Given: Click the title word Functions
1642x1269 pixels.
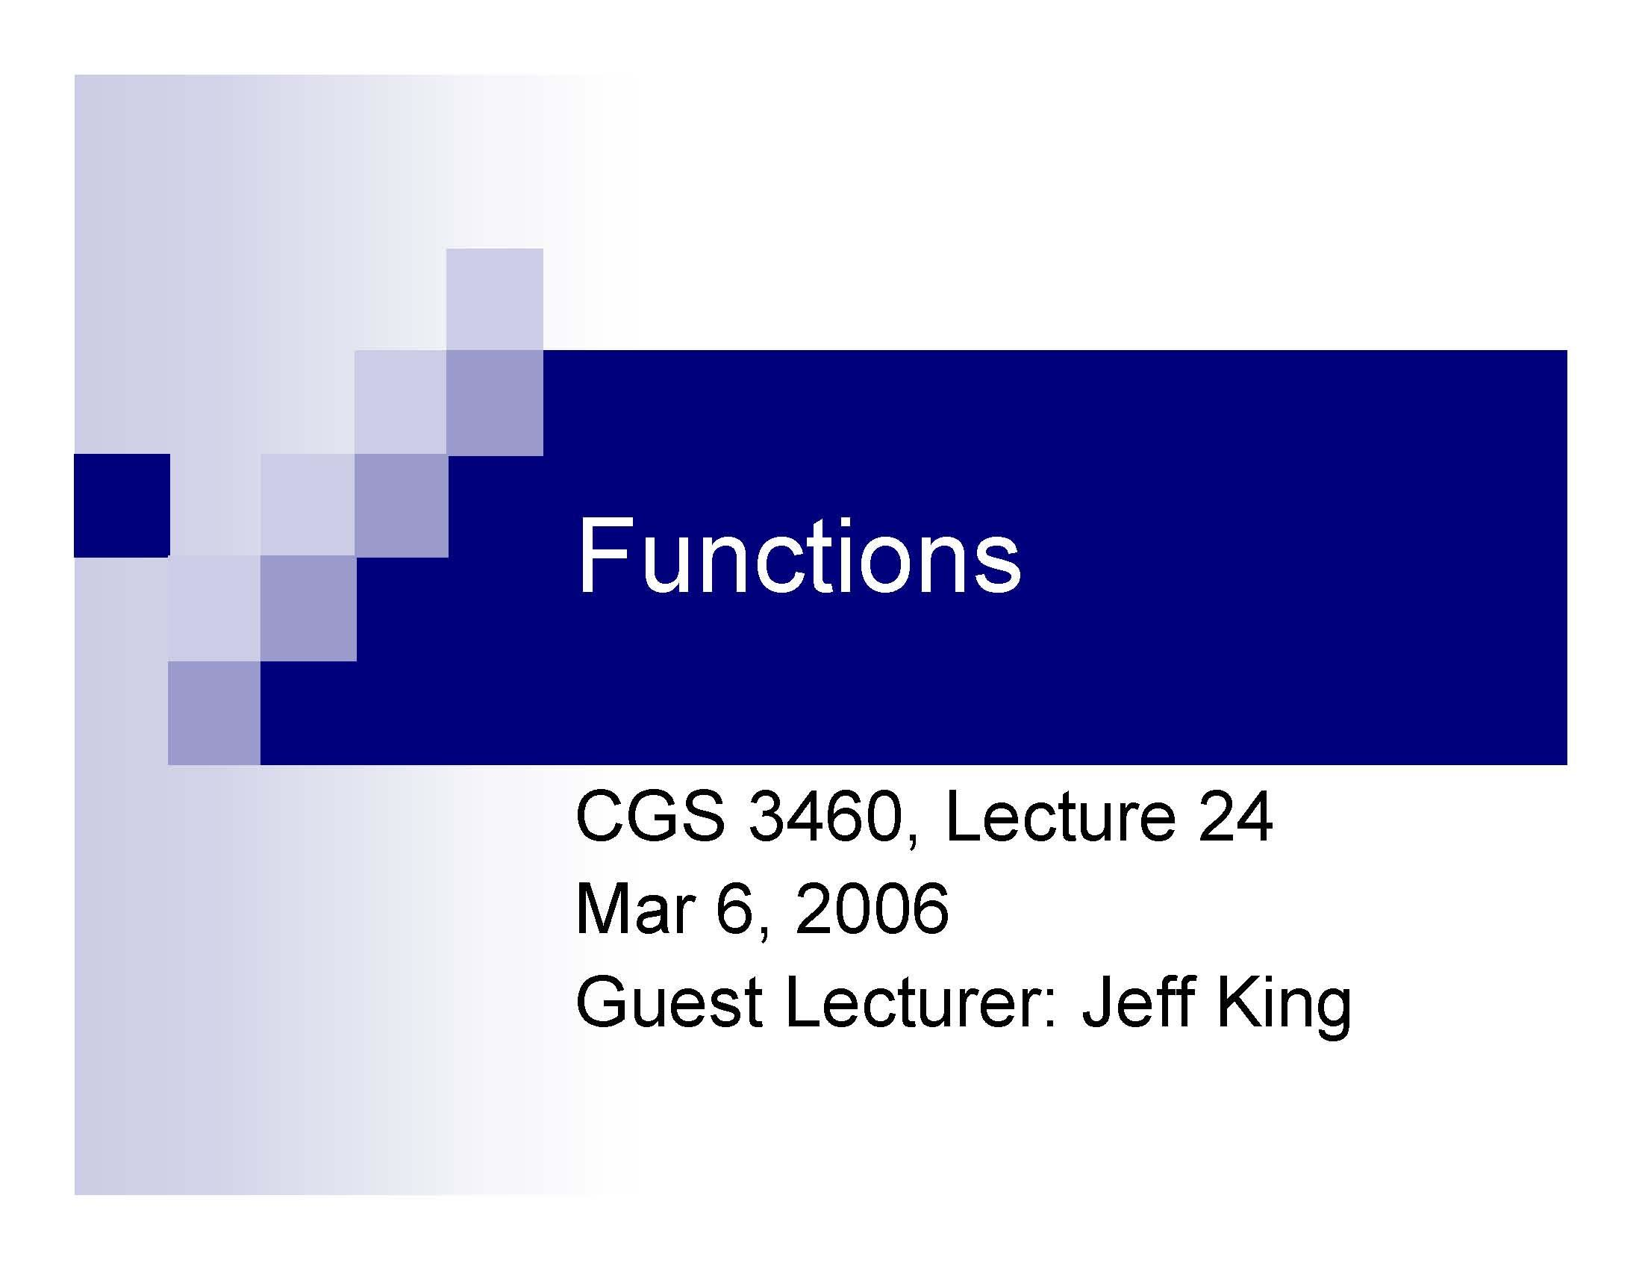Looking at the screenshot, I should coord(799,557).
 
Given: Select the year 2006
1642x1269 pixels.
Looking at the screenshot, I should coord(872,910).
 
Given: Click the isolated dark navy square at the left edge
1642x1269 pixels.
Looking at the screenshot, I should coord(122,505).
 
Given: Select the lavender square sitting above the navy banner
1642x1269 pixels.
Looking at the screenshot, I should coord(495,299).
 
